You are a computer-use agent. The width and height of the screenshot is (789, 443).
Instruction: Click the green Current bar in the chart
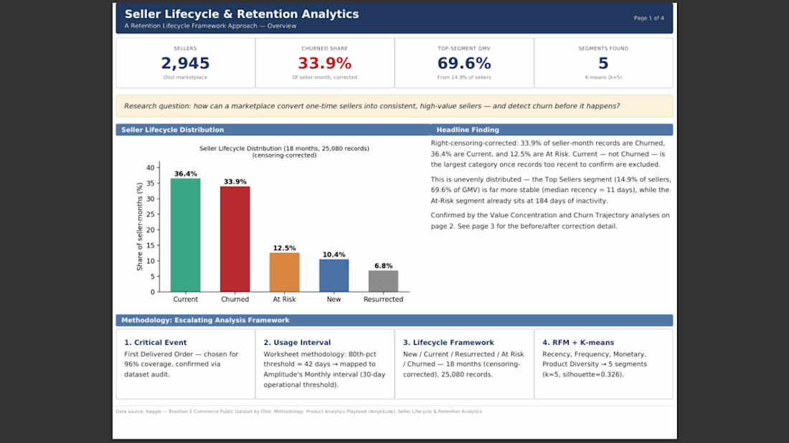click(x=185, y=235)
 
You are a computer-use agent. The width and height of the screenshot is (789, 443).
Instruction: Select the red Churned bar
click(x=235, y=239)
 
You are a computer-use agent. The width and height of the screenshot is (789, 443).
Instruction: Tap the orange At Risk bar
click(x=284, y=272)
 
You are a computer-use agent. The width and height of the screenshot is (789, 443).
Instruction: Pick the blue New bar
click(x=334, y=275)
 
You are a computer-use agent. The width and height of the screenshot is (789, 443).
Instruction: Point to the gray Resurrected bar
click(x=384, y=281)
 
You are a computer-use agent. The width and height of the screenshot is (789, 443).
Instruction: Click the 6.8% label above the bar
click(x=384, y=265)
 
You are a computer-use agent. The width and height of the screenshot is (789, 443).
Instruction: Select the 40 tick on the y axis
click(x=151, y=168)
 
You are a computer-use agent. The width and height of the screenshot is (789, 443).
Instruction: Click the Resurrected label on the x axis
click(x=384, y=299)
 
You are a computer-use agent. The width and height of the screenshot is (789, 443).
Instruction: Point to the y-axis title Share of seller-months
click(x=139, y=227)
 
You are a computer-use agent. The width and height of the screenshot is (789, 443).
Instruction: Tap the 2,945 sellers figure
click(x=185, y=63)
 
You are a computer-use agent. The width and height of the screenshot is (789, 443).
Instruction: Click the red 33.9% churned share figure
click(x=324, y=63)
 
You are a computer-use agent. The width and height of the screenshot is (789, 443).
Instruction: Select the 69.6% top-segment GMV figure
click(x=464, y=63)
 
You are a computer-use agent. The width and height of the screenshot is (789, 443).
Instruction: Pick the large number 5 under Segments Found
click(x=603, y=63)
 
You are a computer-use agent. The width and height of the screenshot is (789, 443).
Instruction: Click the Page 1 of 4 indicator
click(x=648, y=18)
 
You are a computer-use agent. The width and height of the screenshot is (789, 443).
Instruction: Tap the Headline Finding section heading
click(x=468, y=130)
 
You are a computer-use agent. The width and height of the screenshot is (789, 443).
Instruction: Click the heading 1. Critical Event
click(x=156, y=343)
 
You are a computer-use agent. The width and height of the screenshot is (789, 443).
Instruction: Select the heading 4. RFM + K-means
click(x=578, y=343)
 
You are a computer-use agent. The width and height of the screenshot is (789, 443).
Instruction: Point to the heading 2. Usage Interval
click(x=297, y=343)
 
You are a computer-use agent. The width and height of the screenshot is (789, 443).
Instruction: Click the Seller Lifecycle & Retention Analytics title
click(x=242, y=14)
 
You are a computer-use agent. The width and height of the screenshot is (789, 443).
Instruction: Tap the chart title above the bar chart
click(x=284, y=152)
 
